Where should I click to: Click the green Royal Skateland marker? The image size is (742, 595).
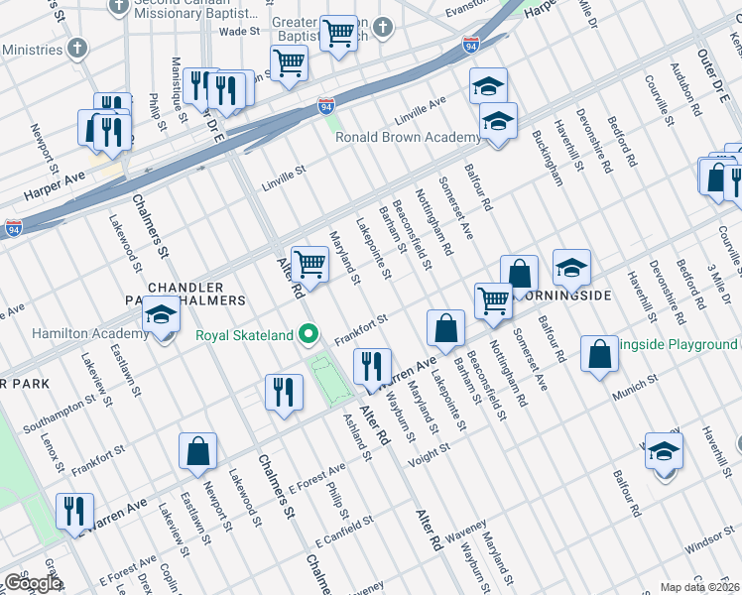(x=309, y=334)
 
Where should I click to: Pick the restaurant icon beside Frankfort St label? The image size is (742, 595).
(x=370, y=366)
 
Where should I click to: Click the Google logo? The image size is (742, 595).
(x=33, y=583)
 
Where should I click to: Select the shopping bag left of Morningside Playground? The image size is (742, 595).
(x=600, y=354)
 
